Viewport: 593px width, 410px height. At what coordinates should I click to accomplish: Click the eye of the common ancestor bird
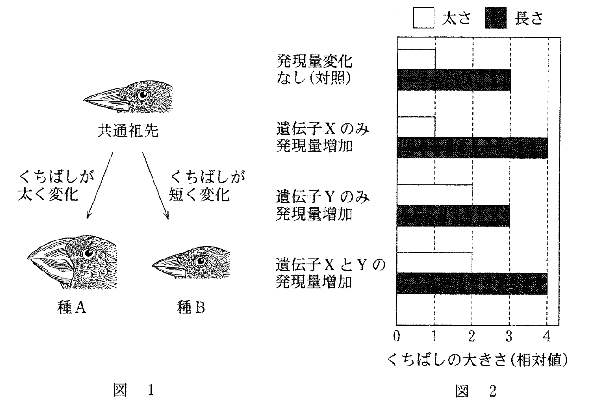tap(143, 95)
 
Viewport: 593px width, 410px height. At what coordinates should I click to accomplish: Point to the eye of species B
tap(201, 261)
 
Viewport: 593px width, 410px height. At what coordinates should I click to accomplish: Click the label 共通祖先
tap(128, 131)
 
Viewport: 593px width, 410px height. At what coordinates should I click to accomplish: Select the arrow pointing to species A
tap(100, 185)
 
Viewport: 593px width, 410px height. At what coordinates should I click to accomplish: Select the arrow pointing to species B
tap(156, 185)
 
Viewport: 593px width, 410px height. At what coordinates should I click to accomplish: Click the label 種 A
tap(72, 307)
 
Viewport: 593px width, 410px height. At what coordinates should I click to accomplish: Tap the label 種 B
tap(191, 307)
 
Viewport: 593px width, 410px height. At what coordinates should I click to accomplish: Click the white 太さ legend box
tap(424, 18)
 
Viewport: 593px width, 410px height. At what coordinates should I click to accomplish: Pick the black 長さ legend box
tap(496, 18)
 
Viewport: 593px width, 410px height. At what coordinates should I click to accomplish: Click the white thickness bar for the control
tap(416, 59)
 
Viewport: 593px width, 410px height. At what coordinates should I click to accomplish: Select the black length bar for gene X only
tap(472, 148)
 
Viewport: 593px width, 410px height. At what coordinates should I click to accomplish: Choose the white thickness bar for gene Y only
tap(435, 195)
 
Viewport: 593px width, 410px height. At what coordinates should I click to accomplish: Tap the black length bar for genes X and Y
tap(472, 284)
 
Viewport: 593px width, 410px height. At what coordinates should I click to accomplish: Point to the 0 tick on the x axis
tap(396, 336)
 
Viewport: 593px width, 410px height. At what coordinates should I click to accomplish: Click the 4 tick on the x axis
tap(547, 336)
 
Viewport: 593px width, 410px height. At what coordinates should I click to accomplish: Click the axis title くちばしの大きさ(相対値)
tap(478, 360)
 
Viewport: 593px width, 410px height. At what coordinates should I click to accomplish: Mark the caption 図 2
tap(475, 391)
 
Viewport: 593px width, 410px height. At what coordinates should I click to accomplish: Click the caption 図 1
tap(134, 390)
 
